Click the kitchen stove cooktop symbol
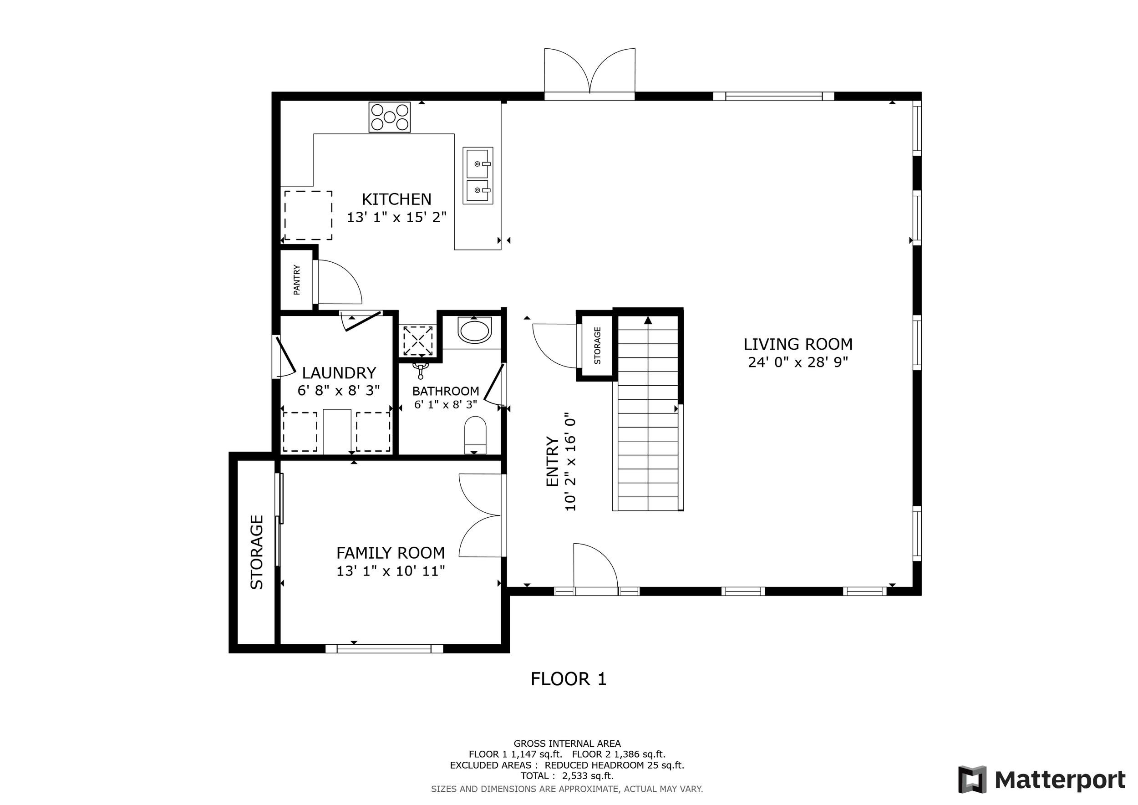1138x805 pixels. pyautogui.click(x=389, y=117)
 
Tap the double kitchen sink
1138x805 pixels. pyautogui.click(x=478, y=175)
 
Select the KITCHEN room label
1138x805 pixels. pyautogui.click(x=396, y=199)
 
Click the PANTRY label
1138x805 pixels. pyautogui.click(x=297, y=280)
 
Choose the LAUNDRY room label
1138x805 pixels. pyautogui.click(x=339, y=373)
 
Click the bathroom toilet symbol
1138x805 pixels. pyautogui.click(x=475, y=435)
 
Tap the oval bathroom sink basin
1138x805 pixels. pyautogui.click(x=475, y=330)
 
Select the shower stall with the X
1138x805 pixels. pyautogui.click(x=417, y=341)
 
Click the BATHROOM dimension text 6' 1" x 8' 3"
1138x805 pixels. pyautogui.click(x=446, y=404)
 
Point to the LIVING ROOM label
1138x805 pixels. pyautogui.click(x=798, y=344)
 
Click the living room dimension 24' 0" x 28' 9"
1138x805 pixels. pyautogui.click(x=798, y=362)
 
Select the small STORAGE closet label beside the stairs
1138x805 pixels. pyautogui.click(x=597, y=346)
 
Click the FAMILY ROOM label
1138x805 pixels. pyautogui.click(x=391, y=553)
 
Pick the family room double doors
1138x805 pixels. pyautogui.click(x=481, y=515)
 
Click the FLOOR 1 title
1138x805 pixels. pyautogui.click(x=569, y=679)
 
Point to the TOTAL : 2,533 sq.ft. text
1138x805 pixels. pyautogui.click(x=567, y=776)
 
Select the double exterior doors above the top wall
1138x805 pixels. pyautogui.click(x=590, y=74)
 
